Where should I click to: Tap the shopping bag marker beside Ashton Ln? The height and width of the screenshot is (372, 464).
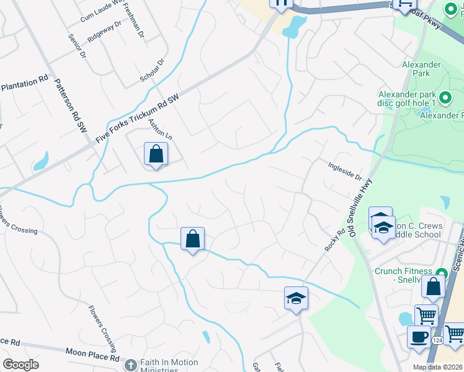click(x=156, y=154)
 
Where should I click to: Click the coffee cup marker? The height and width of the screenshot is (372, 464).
click(x=419, y=336)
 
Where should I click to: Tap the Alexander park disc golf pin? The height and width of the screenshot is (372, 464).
click(x=444, y=98)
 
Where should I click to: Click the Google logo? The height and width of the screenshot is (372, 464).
click(x=20, y=365)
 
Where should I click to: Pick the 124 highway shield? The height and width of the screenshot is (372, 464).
click(x=437, y=340)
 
